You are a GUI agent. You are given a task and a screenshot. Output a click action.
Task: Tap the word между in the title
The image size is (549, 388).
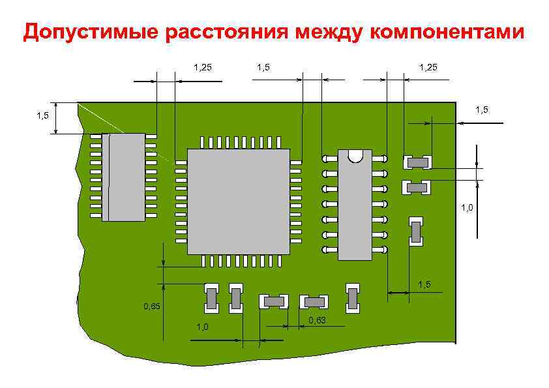331,32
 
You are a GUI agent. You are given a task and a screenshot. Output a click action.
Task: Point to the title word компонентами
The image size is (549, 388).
447,32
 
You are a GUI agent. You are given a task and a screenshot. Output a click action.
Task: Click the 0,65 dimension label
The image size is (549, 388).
152,306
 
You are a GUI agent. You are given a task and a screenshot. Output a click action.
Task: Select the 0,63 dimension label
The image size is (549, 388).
318,320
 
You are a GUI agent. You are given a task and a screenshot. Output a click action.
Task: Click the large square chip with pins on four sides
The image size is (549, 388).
238,201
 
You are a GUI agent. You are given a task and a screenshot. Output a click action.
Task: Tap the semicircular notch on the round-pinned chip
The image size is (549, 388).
355,156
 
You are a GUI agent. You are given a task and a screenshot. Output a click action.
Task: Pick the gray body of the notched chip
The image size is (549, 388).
355,209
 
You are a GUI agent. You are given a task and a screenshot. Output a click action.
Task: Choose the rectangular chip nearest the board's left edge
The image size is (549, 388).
124,177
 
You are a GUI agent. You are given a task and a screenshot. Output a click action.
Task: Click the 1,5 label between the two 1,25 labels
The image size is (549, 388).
264,67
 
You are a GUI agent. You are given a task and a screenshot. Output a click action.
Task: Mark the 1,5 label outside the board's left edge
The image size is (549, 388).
42,116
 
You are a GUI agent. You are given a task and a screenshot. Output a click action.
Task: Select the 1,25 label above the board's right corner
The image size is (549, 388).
428,67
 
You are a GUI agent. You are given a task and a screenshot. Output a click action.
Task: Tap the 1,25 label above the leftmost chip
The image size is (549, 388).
203,67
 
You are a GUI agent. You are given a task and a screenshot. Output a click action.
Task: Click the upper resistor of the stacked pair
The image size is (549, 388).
417,161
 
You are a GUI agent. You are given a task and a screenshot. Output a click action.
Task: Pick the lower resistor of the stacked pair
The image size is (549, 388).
417,188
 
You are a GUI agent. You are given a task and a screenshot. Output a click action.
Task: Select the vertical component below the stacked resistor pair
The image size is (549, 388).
415,231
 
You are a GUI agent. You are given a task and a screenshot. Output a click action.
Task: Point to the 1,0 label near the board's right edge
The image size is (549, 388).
467,208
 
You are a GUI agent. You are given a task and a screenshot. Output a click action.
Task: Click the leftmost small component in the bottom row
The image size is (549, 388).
211,299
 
